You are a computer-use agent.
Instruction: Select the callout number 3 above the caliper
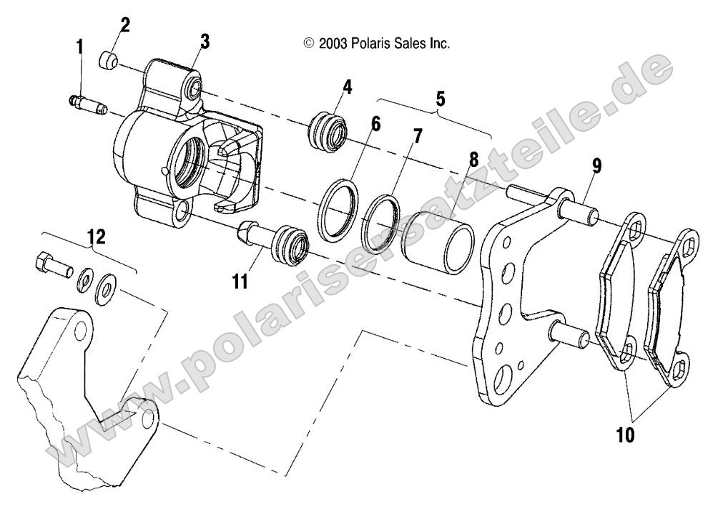tap(205, 41)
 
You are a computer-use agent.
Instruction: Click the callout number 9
tap(596, 168)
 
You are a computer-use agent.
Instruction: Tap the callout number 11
tap(240, 280)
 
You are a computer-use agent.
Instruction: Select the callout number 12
tap(95, 237)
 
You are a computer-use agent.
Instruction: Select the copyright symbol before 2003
tap(309, 44)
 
